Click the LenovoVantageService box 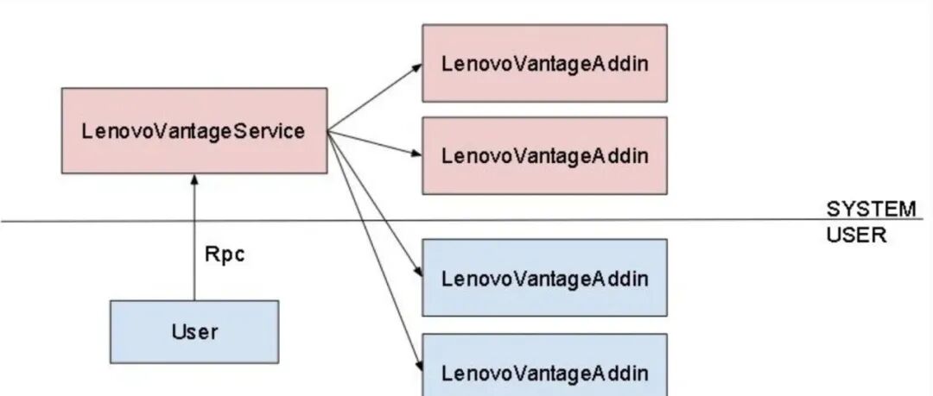tap(194, 131)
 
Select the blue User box tap(194, 332)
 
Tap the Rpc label tap(225, 255)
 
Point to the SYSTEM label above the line tap(871, 210)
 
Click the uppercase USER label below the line tap(856, 235)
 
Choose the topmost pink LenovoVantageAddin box tap(545, 63)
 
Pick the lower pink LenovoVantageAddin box tap(545, 156)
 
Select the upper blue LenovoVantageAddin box tap(545, 278)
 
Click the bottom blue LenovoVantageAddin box tap(545, 364)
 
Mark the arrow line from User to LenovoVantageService tap(194, 237)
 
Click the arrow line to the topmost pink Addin tap(375, 97)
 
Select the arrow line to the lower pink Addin tap(375, 143)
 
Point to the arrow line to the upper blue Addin tap(375, 204)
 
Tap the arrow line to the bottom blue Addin tap(375, 251)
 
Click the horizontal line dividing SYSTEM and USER tap(461, 221)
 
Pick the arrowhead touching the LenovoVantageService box tap(194, 179)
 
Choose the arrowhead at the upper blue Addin tap(419, 272)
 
